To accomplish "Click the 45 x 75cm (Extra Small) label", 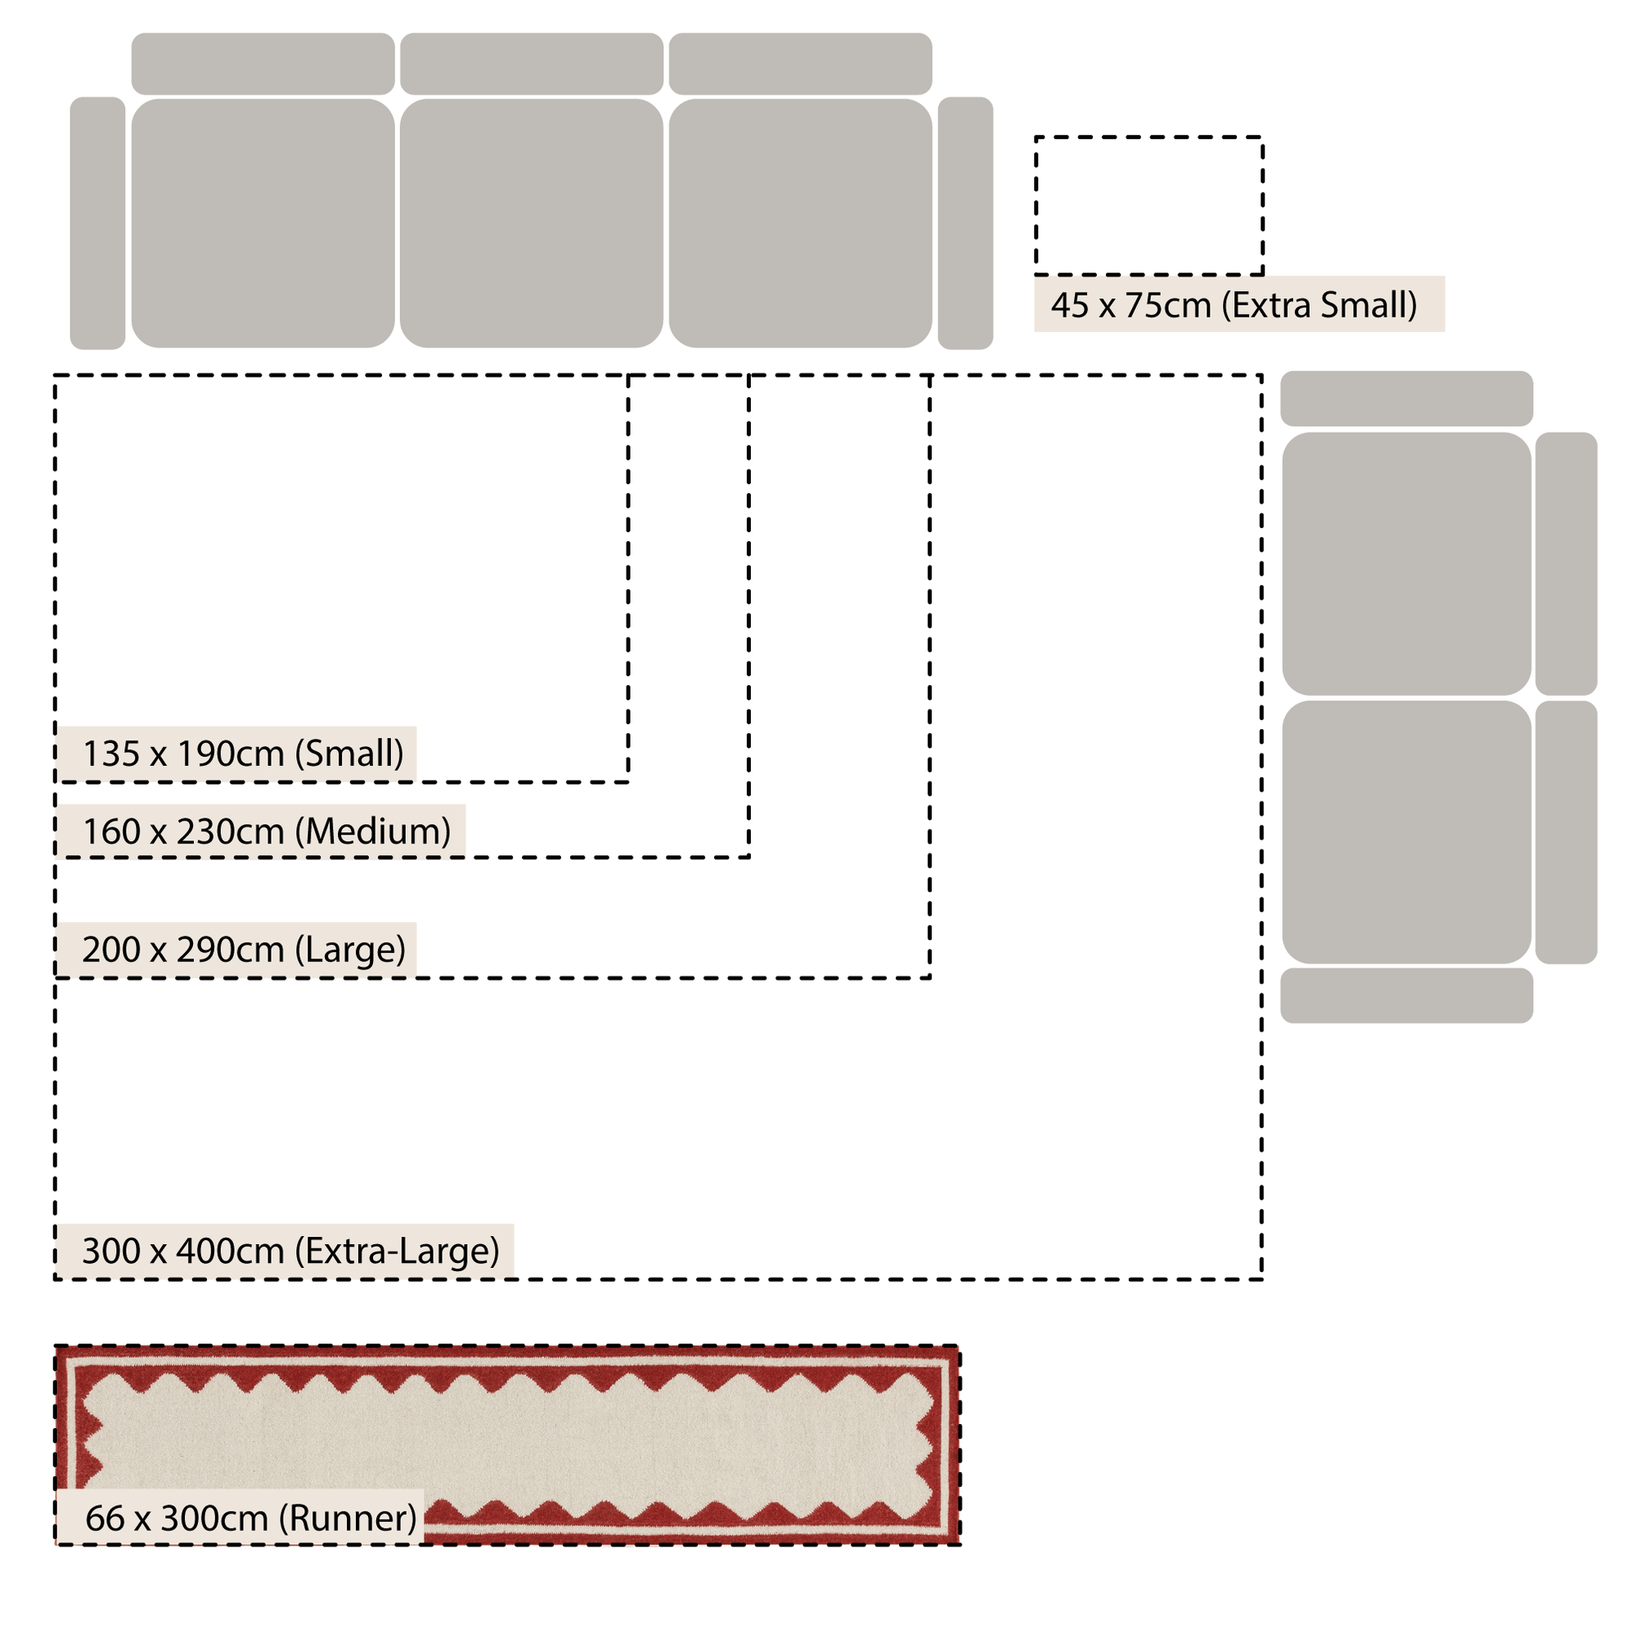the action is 1233,306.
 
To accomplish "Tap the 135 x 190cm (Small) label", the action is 243,753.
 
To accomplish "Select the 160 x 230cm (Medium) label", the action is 267,831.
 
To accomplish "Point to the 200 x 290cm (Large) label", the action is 244,950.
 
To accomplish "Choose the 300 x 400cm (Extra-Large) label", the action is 290,1251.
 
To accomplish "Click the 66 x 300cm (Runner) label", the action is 251,1517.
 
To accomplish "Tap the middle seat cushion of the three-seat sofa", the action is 532,223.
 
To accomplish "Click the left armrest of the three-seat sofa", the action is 97,223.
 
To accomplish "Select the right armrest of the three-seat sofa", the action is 965,223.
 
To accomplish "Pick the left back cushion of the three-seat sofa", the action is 263,64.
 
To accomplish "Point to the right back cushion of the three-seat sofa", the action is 800,64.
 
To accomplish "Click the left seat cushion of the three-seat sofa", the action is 263,223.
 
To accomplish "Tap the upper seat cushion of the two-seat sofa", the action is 1406,564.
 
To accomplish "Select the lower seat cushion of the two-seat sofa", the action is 1406,832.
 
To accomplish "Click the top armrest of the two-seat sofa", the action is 1406,399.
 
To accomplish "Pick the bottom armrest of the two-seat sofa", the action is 1406,996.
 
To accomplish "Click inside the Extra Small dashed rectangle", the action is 1149,206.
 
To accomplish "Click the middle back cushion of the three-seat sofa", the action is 532,64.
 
